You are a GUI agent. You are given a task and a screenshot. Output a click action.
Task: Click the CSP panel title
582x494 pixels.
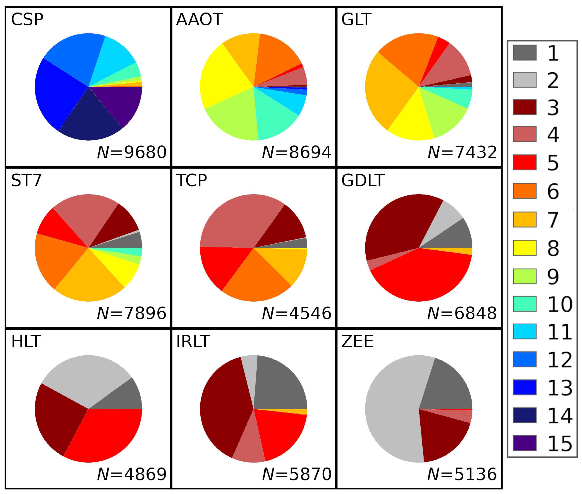coord(27,20)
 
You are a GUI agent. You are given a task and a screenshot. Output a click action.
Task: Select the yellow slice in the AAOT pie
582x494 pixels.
coord(224,78)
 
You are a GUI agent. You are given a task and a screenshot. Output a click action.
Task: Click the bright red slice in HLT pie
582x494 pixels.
coord(106,434)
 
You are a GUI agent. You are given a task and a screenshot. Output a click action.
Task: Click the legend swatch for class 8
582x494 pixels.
coord(524,248)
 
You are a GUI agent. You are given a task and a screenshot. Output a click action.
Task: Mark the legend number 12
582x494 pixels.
coord(560,360)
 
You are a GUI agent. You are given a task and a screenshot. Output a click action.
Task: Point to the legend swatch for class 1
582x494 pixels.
coord(524,53)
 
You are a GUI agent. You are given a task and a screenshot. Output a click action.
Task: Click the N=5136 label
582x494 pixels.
coord(462,474)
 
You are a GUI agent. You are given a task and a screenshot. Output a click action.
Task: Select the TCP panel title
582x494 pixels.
coord(191,180)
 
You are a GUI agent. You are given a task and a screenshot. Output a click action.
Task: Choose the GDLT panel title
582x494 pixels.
coord(363,180)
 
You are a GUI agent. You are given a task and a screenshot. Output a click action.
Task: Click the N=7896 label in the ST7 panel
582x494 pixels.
coord(132,313)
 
